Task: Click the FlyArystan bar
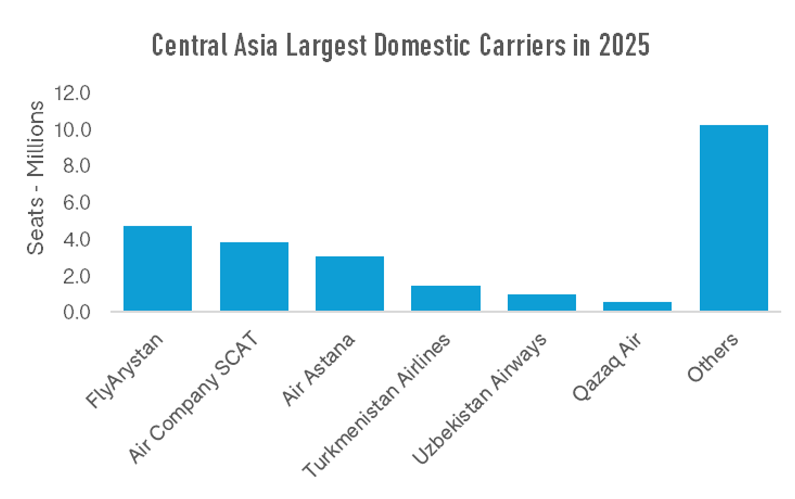157,268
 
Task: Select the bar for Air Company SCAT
254,276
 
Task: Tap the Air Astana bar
349,284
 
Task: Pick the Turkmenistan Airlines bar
446,298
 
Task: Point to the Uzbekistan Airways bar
542,302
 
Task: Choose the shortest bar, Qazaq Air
637,306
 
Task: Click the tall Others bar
734,218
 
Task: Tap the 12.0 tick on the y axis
73,93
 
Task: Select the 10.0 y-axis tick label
73,129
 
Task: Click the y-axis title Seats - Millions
36,177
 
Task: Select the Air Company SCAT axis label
193,397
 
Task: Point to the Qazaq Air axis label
607,367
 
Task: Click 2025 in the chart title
624,45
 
